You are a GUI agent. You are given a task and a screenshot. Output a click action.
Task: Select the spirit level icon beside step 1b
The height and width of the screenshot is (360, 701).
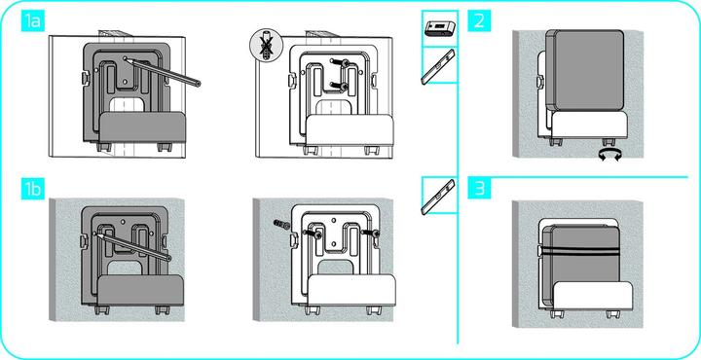(440, 198)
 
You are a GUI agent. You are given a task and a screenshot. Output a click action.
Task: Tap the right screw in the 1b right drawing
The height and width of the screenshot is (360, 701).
(375, 234)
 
